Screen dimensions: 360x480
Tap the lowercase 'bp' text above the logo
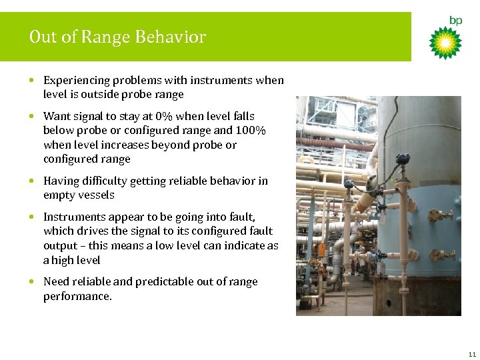coord(455,21)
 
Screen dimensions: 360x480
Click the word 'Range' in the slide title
coord(105,37)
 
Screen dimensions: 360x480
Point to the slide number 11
coord(471,353)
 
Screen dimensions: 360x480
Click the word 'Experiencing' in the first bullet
coord(73,80)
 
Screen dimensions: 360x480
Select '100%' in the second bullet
coord(253,131)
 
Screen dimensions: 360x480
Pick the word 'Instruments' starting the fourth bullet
coord(71,217)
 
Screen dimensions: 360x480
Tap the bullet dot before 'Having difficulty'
coord(33,181)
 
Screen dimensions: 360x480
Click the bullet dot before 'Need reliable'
coord(33,282)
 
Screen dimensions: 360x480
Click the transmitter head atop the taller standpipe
coord(402,160)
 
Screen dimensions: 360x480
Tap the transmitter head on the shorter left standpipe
coord(349,183)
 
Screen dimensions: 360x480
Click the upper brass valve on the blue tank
coord(441,215)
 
